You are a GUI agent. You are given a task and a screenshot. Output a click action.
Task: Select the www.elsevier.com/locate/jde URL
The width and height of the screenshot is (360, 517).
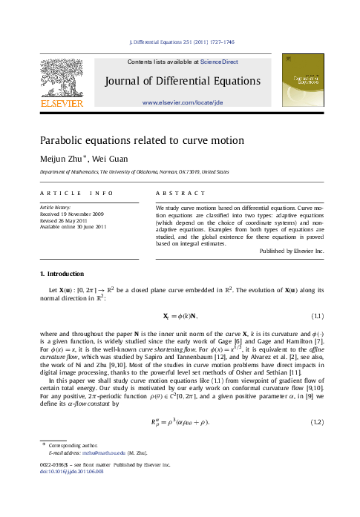coord(182,102)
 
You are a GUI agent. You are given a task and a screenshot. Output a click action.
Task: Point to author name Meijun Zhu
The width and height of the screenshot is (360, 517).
coord(61,158)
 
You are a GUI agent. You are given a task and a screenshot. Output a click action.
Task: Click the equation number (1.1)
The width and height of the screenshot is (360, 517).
coord(315,315)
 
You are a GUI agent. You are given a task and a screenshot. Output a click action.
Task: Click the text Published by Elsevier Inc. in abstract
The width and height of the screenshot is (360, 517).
coord(292,251)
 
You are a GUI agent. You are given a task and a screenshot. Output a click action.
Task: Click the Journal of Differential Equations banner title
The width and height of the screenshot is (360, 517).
coord(182,80)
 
